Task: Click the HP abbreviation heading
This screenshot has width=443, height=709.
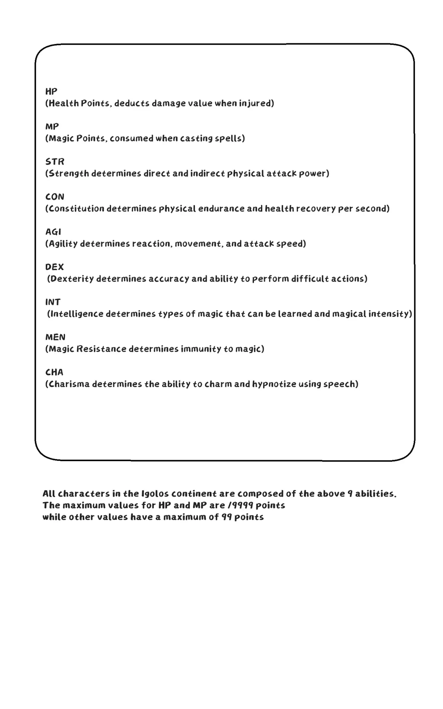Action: (x=51, y=91)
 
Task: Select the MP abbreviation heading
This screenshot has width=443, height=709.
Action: (x=52, y=126)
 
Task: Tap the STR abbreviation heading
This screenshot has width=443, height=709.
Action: (x=55, y=162)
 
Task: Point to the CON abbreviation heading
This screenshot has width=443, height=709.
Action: (x=55, y=197)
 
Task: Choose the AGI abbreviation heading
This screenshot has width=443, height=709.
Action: (x=53, y=232)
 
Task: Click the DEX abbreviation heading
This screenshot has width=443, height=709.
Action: (x=54, y=267)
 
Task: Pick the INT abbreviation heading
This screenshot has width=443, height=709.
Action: (x=53, y=302)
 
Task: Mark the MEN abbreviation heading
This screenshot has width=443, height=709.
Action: (x=55, y=337)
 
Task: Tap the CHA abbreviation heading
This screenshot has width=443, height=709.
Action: (x=54, y=372)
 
